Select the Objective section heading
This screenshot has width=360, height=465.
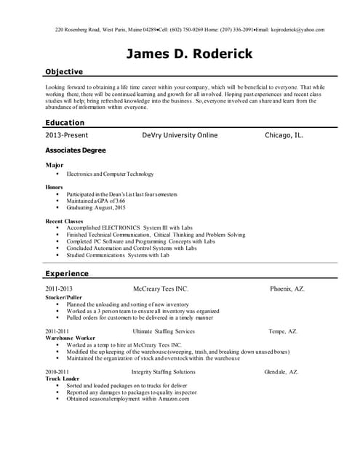64,72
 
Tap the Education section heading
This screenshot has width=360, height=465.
65,123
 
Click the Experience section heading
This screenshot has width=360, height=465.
67,274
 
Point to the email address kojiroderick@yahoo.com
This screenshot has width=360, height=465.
297,30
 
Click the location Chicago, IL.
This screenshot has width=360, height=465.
284,136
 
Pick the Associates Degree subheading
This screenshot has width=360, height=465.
76,150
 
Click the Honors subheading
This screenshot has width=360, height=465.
55,187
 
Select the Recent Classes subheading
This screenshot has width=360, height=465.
64,221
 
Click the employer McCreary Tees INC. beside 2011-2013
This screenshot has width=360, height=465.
161,288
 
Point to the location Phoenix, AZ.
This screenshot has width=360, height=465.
287,288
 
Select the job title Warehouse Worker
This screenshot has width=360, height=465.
70,338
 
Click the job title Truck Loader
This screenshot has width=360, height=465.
62,379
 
